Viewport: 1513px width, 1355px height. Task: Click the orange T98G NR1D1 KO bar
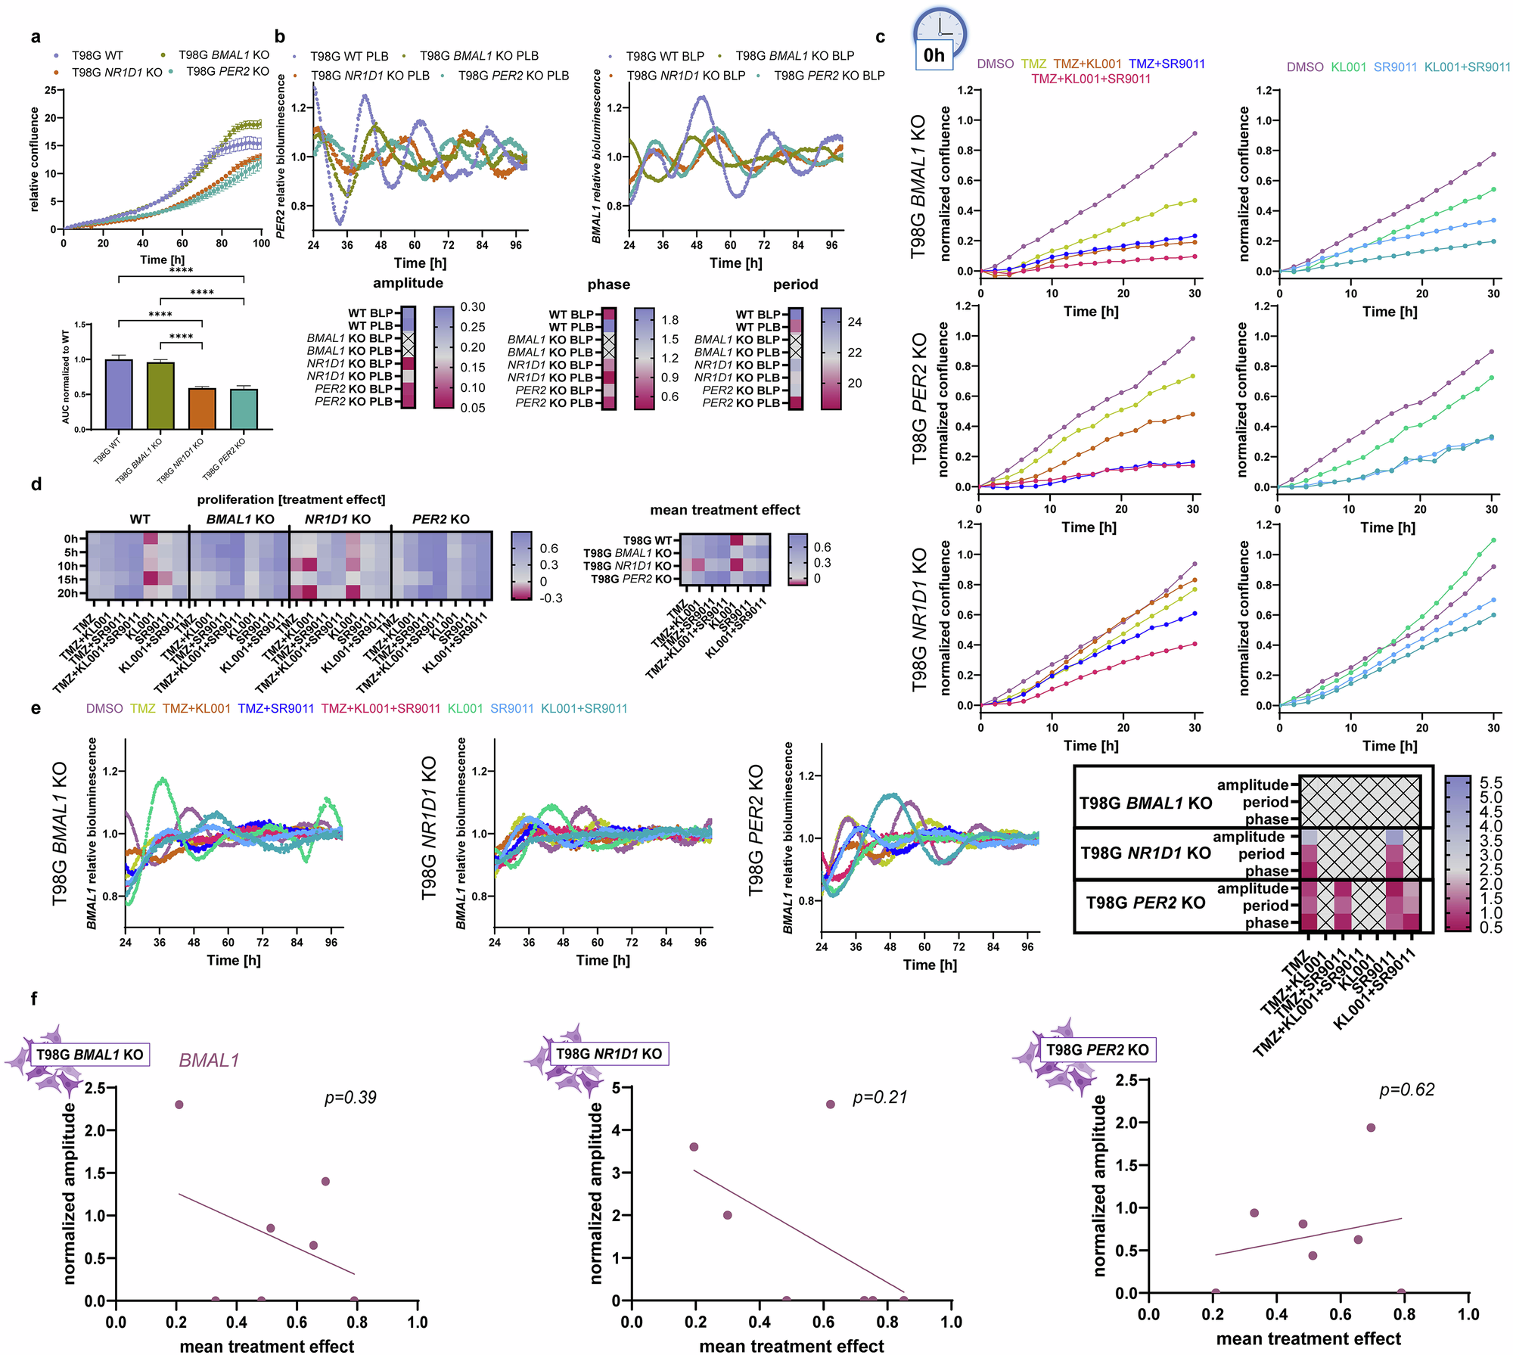202,409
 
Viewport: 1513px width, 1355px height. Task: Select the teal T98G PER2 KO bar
244,409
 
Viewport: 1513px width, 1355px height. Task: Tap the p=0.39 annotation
350,1097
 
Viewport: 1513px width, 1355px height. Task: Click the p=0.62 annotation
1407,1089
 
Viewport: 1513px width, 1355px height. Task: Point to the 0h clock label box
934,55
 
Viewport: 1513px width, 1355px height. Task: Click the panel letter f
34,999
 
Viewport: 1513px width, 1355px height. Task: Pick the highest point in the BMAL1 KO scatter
179,1105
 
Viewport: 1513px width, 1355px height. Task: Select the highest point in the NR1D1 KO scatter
830,1105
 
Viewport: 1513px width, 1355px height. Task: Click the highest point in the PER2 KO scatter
1371,1127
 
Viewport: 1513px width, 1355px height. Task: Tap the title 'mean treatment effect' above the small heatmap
725,510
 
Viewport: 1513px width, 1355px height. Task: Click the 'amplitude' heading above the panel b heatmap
408,283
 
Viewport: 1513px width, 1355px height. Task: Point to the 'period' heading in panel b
795,284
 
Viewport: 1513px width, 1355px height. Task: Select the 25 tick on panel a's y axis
50,90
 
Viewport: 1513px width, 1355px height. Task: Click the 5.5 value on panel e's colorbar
1491,782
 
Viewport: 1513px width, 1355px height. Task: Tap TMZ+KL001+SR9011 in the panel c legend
1091,79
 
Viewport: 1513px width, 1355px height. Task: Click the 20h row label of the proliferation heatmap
67,593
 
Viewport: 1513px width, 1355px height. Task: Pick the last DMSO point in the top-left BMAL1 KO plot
1195,133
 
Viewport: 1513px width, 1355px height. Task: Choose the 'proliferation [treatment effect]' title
291,499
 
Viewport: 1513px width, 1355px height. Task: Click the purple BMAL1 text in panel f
209,1061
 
